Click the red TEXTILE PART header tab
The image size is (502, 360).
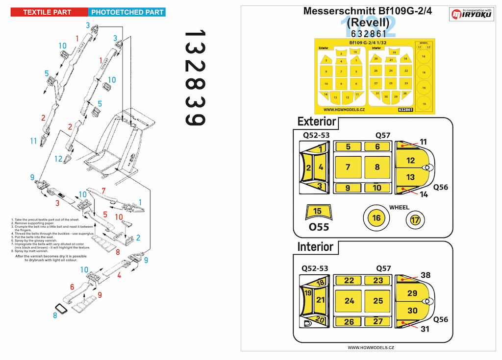pos(48,12)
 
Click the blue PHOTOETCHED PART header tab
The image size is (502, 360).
pos(126,12)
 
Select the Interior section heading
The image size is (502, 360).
pos(315,247)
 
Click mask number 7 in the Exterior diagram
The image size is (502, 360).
pos(348,167)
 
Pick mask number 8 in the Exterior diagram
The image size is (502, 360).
pos(377,167)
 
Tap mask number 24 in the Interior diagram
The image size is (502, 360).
pos(349,301)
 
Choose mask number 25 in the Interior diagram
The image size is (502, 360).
pos(377,301)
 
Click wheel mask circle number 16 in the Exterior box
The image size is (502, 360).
pos(376,218)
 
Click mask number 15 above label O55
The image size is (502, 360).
pos(318,212)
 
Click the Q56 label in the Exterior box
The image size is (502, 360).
pos(440,187)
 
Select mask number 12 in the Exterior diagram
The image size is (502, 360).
pos(411,160)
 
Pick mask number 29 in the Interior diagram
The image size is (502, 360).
pos(412,293)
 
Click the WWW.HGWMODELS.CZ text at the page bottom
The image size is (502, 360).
pos(369,347)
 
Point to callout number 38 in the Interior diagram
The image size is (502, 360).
pos(425,276)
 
